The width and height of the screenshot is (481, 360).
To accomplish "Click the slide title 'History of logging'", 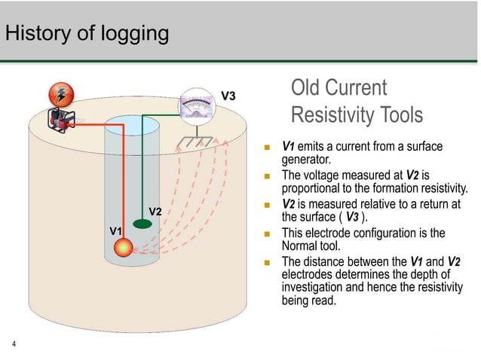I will coord(87,34).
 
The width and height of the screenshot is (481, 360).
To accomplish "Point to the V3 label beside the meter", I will coord(228,96).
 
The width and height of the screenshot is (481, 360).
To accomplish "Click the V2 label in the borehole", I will coord(155,211).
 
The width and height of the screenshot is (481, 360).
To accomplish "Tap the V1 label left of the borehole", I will coord(116,229).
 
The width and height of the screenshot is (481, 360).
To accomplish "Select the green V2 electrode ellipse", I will coord(141,224).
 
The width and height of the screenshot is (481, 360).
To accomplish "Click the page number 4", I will coord(14,345).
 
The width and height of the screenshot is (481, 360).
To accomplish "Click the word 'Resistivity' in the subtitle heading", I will coord(332,115).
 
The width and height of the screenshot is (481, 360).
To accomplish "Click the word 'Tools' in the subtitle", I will coord(400,115).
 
